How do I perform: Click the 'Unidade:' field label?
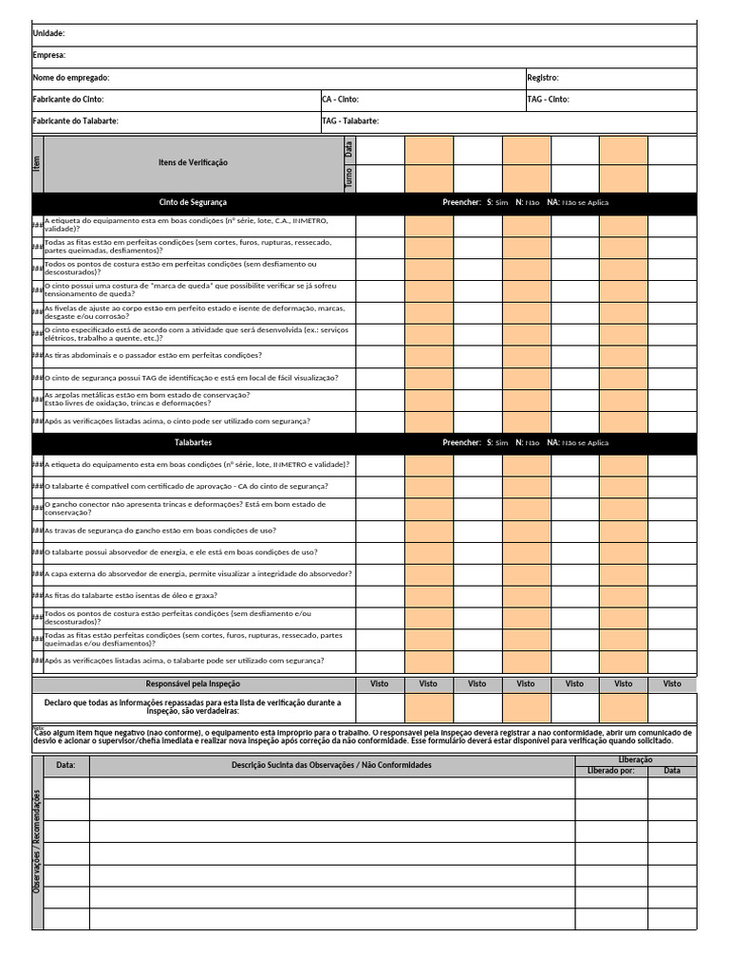(x=48, y=33)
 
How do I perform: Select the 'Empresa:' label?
(x=49, y=55)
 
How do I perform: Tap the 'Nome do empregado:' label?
(x=71, y=77)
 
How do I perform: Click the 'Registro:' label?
(x=543, y=77)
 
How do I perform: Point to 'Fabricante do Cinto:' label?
(x=68, y=99)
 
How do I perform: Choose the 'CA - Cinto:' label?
(x=341, y=99)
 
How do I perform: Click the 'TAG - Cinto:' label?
(x=548, y=99)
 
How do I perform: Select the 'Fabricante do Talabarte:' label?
(x=76, y=121)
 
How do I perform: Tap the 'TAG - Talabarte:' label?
(x=351, y=121)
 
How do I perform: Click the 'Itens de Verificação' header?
(x=193, y=163)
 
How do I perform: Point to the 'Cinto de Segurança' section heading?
(x=193, y=202)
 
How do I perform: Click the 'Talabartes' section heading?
(x=193, y=442)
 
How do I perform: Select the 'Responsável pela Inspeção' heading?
(x=193, y=683)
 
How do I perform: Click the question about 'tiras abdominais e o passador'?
(x=154, y=355)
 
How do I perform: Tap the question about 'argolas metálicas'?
(x=147, y=399)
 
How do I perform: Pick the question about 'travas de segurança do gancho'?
(x=160, y=531)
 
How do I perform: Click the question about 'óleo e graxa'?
(x=131, y=595)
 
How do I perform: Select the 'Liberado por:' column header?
(x=611, y=771)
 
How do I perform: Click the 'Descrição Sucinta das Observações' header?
(x=331, y=764)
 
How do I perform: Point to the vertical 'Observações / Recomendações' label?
(x=37, y=843)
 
